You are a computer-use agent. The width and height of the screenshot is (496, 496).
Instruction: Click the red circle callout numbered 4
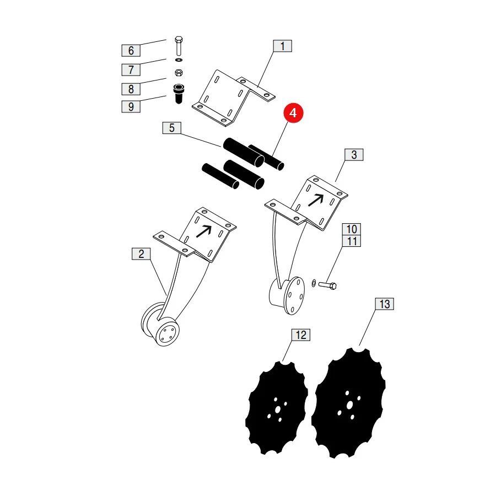[293, 112]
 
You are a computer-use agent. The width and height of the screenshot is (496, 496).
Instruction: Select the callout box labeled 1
[283, 46]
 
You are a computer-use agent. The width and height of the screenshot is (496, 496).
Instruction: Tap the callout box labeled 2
[141, 254]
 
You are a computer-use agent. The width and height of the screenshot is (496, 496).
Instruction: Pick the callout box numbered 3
[354, 155]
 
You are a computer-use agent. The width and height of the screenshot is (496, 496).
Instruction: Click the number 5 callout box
[172, 128]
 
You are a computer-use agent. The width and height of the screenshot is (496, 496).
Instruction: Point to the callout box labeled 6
[131, 51]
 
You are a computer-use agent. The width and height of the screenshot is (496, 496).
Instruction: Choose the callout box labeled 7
[131, 69]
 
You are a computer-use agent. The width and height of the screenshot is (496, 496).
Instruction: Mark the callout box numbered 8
[131, 89]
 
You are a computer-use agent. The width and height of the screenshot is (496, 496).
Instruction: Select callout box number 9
[131, 106]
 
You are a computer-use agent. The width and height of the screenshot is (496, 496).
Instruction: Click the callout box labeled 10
[352, 229]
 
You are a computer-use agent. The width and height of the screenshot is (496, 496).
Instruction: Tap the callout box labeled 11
[352, 241]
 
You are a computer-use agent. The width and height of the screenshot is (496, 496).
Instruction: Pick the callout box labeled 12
[301, 335]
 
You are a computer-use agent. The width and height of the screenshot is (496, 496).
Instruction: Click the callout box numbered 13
[385, 304]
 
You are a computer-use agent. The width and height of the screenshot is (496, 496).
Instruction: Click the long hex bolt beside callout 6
[179, 46]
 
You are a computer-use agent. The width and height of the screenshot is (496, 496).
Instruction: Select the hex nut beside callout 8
[179, 73]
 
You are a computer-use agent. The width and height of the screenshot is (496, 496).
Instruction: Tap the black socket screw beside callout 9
[179, 94]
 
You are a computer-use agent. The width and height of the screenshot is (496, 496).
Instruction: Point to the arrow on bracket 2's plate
[204, 231]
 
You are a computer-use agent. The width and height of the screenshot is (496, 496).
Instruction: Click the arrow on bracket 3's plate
[316, 200]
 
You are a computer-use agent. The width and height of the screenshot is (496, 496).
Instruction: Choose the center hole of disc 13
[349, 405]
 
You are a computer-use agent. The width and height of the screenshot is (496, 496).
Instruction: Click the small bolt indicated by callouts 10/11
[327, 285]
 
